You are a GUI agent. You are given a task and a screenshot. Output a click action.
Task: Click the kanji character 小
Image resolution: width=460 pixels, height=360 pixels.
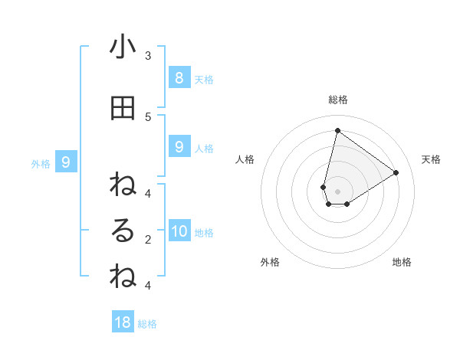pyautogui.click(x=123, y=47)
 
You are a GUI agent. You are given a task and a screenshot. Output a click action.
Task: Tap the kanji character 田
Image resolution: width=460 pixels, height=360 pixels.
pyautogui.click(x=123, y=109)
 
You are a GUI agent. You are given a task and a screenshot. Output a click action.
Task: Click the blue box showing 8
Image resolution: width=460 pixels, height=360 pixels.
pyautogui.click(x=179, y=77)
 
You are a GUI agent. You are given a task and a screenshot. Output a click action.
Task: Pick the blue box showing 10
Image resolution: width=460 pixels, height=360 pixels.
pyautogui.click(x=179, y=231)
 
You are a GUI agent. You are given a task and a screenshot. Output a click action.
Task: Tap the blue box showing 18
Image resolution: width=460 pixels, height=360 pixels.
pyautogui.click(x=123, y=322)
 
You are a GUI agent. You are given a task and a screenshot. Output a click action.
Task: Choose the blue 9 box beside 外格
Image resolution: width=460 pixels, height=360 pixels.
pyautogui.click(x=66, y=162)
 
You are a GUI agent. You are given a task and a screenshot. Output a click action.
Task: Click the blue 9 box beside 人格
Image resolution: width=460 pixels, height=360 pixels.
pyautogui.click(x=179, y=147)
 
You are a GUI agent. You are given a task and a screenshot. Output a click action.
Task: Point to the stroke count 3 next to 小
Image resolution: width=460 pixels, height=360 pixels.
pyautogui.click(x=148, y=55)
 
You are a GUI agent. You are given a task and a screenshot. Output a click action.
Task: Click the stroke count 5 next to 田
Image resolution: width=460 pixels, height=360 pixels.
pyautogui.click(x=148, y=116)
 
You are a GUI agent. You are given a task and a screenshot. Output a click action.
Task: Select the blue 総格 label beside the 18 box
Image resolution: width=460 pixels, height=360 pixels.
pyautogui.click(x=147, y=324)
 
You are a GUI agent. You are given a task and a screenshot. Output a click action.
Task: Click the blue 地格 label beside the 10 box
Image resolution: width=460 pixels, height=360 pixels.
pyautogui.click(x=204, y=233)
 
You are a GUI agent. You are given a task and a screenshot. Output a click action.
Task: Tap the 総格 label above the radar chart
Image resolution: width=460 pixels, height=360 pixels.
pyautogui.click(x=337, y=100)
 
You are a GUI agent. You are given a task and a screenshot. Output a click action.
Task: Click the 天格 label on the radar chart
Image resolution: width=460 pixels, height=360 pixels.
pyautogui.click(x=431, y=159)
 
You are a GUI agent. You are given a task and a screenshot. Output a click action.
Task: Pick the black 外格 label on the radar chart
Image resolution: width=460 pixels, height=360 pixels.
pyautogui.click(x=270, y=262)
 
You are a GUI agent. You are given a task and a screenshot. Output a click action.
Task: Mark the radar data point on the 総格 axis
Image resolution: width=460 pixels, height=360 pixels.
pyautogui.click(x=337, y=131)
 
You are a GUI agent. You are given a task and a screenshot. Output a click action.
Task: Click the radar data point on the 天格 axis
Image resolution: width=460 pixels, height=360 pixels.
pyautogui.click(x=396, y=173)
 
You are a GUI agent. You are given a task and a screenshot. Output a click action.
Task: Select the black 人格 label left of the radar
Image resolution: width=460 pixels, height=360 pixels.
pyautogui.click(x=245, y=159)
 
